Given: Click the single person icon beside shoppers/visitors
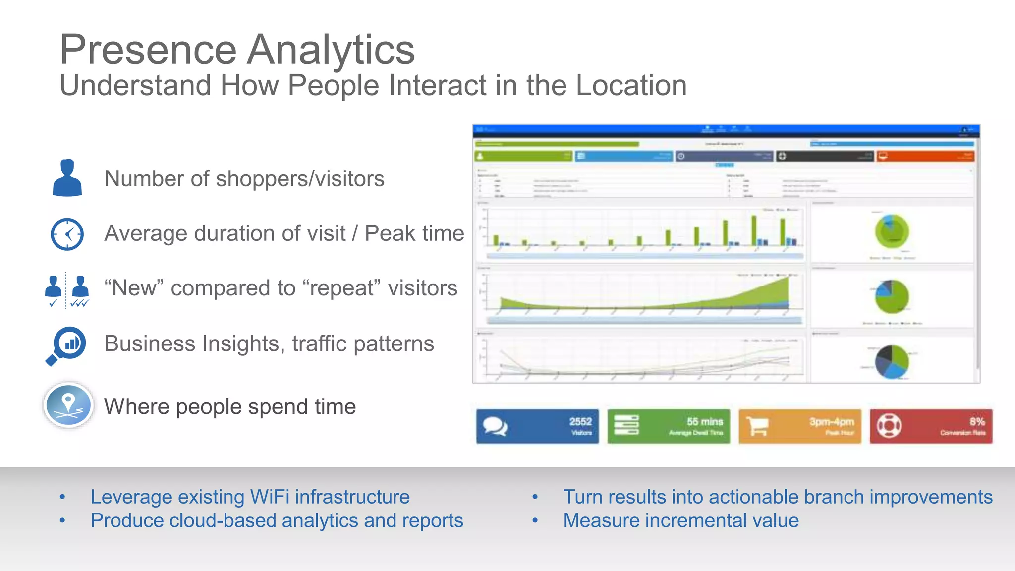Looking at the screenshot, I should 67,178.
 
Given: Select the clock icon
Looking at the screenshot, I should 67,234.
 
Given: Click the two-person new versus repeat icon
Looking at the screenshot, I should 66,290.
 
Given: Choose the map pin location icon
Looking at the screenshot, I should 68,405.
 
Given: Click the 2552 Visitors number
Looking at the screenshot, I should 580,422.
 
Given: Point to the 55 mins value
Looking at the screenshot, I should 704,422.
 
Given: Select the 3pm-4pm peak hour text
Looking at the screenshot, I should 831,422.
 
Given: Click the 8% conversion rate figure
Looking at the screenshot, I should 977,422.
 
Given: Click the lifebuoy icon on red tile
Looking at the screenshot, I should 889,426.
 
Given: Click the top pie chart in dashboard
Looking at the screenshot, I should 892,231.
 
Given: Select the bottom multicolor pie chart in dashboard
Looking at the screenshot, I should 892,361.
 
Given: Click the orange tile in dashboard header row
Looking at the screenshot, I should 925,156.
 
